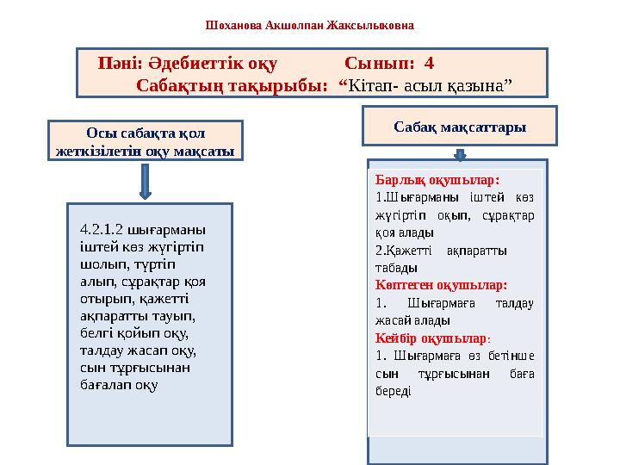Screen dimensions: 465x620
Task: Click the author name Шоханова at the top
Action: click(234, 25)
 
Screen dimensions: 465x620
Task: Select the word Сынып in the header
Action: click(376, 64)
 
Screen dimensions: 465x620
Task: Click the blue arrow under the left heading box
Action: click(144, 182)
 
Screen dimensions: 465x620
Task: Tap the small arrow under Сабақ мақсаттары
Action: click(460, 154)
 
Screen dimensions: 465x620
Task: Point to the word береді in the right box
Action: click(394, 390)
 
